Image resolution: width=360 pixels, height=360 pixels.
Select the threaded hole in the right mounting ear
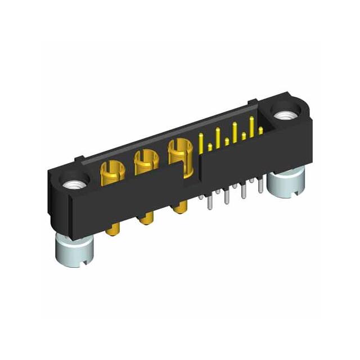pos(282,115)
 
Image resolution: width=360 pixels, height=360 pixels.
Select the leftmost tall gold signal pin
pos(202,142)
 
